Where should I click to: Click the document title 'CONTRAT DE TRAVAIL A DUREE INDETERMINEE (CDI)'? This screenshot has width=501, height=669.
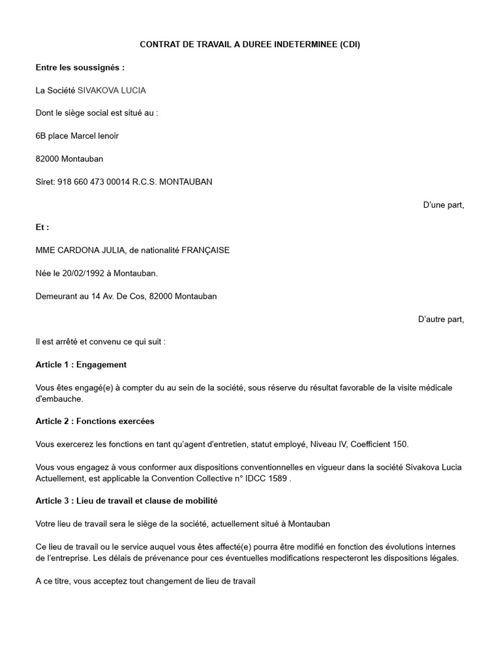pyautogui.click(x=250, y=44)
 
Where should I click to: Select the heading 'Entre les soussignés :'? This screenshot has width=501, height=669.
pyautogui.click(x=80, y=67)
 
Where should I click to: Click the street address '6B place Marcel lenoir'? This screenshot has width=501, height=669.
pyautogui.click(x=77, y=136)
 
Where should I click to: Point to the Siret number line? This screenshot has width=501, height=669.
pyautogui.click(x=124, y=182)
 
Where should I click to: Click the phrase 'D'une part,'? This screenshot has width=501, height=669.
pyautogui.click(x=444, y=204)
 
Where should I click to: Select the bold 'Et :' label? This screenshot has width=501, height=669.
pyautogui.click(x=42, y=227)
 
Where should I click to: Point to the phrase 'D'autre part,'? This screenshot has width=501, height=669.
pyautogui.click(x=441, y=319)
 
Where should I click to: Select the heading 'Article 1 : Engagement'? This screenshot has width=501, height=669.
pyautogui.click(x=81, y=365)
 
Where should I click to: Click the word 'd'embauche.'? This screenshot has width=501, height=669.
pyautogui.click(x=60, y=399)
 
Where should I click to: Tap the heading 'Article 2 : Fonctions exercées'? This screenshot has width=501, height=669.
pyautogui.click(x=95, y=421)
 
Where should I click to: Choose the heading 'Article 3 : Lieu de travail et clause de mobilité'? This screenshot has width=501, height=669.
pyautogui.click(x=127, y=501)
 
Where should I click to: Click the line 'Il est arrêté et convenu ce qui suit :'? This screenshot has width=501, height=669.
pyautogui.click(x=100, y=342)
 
